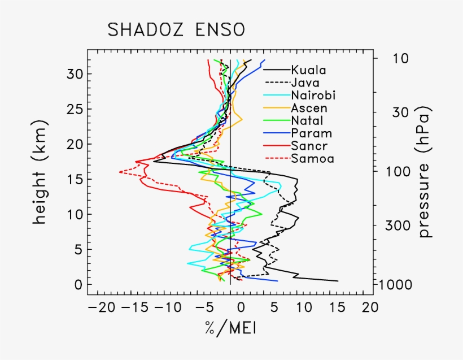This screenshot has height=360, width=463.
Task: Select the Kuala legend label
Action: point(308,71)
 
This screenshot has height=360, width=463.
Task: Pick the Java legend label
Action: point(305,83)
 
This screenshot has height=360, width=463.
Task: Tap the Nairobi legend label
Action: point(312,95)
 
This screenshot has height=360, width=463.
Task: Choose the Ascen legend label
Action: point(309,107)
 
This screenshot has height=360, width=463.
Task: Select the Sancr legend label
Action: point(309,146)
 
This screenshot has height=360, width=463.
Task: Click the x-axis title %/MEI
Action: point(232,328)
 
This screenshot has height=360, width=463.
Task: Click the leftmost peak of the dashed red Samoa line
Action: point(120,172)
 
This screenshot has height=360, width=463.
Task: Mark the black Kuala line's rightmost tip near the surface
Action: point(338,281)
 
